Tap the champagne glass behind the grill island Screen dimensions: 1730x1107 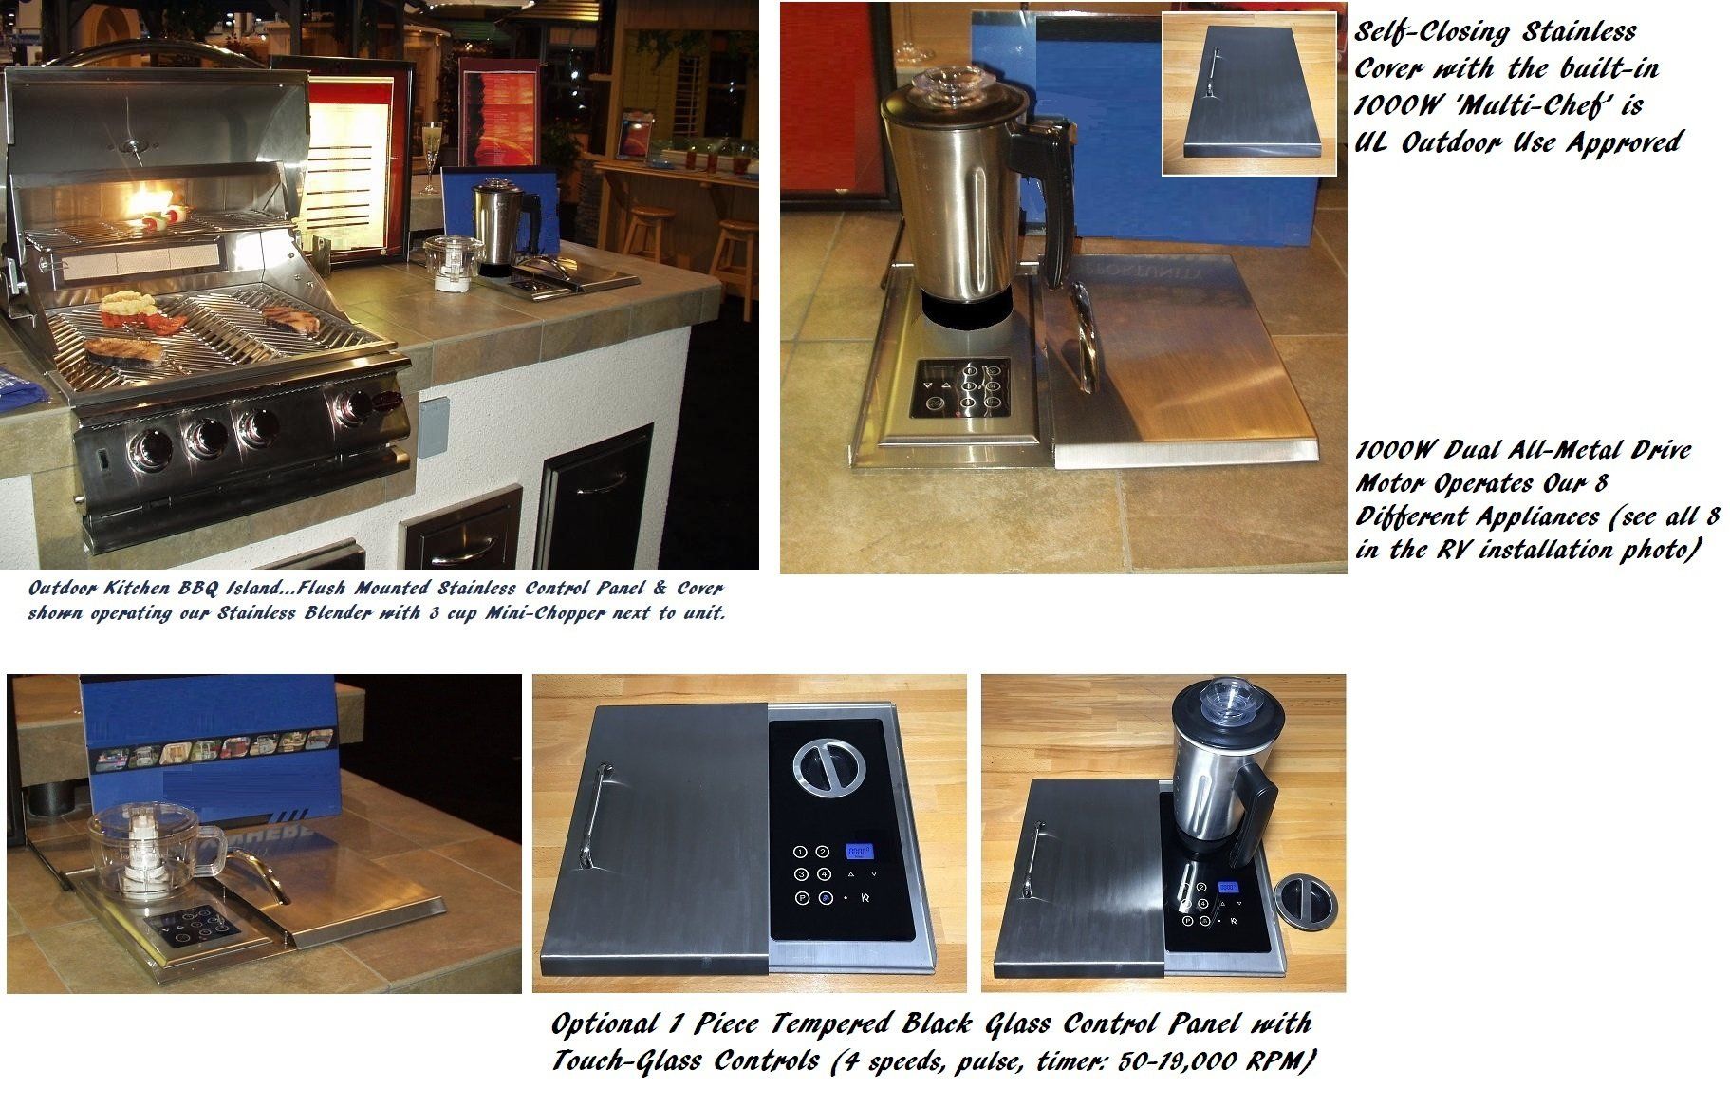pos(431,157)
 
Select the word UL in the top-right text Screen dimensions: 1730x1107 pos(1372,142)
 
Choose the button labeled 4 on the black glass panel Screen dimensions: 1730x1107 pos(824,873)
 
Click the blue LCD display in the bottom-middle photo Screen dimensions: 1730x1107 pos(861,852)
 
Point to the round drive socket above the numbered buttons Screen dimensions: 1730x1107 pos(825,768)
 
